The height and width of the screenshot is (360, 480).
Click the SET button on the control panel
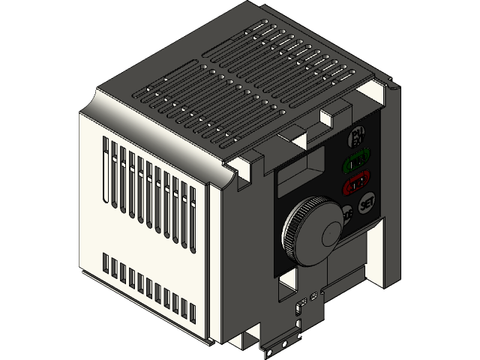tap(367, 203)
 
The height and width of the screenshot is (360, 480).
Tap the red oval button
tap(355, 182)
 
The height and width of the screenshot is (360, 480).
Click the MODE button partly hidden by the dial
tap(346, 215)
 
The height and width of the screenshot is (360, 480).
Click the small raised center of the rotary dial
tap(331, 234)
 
